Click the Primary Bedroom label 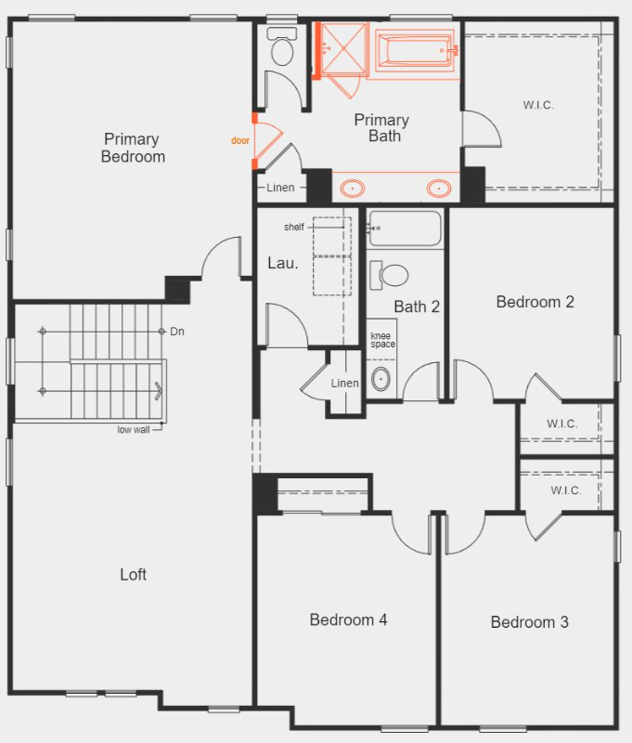click(x=134, y=148)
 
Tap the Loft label click(x=134, y=574)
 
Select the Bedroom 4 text click(x=348, y=619)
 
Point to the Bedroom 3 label click(x=529, y=622)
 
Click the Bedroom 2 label click(x=535, y=302)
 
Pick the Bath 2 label click(x=417, y=307)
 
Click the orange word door click(x=240, y=141)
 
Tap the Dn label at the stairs click(x=177, y=332)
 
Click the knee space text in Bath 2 click(x=382, y=340)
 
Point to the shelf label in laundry click(x=293, y=227)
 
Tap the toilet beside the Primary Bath click(x=280, y=47)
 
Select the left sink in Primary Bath click(x=353, y=189)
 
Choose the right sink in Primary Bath click(x=438, y=189)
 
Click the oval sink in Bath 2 click(x=381, y=379)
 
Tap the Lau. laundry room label click(x=283, y=263)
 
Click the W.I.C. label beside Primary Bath click(x=537, y=105)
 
